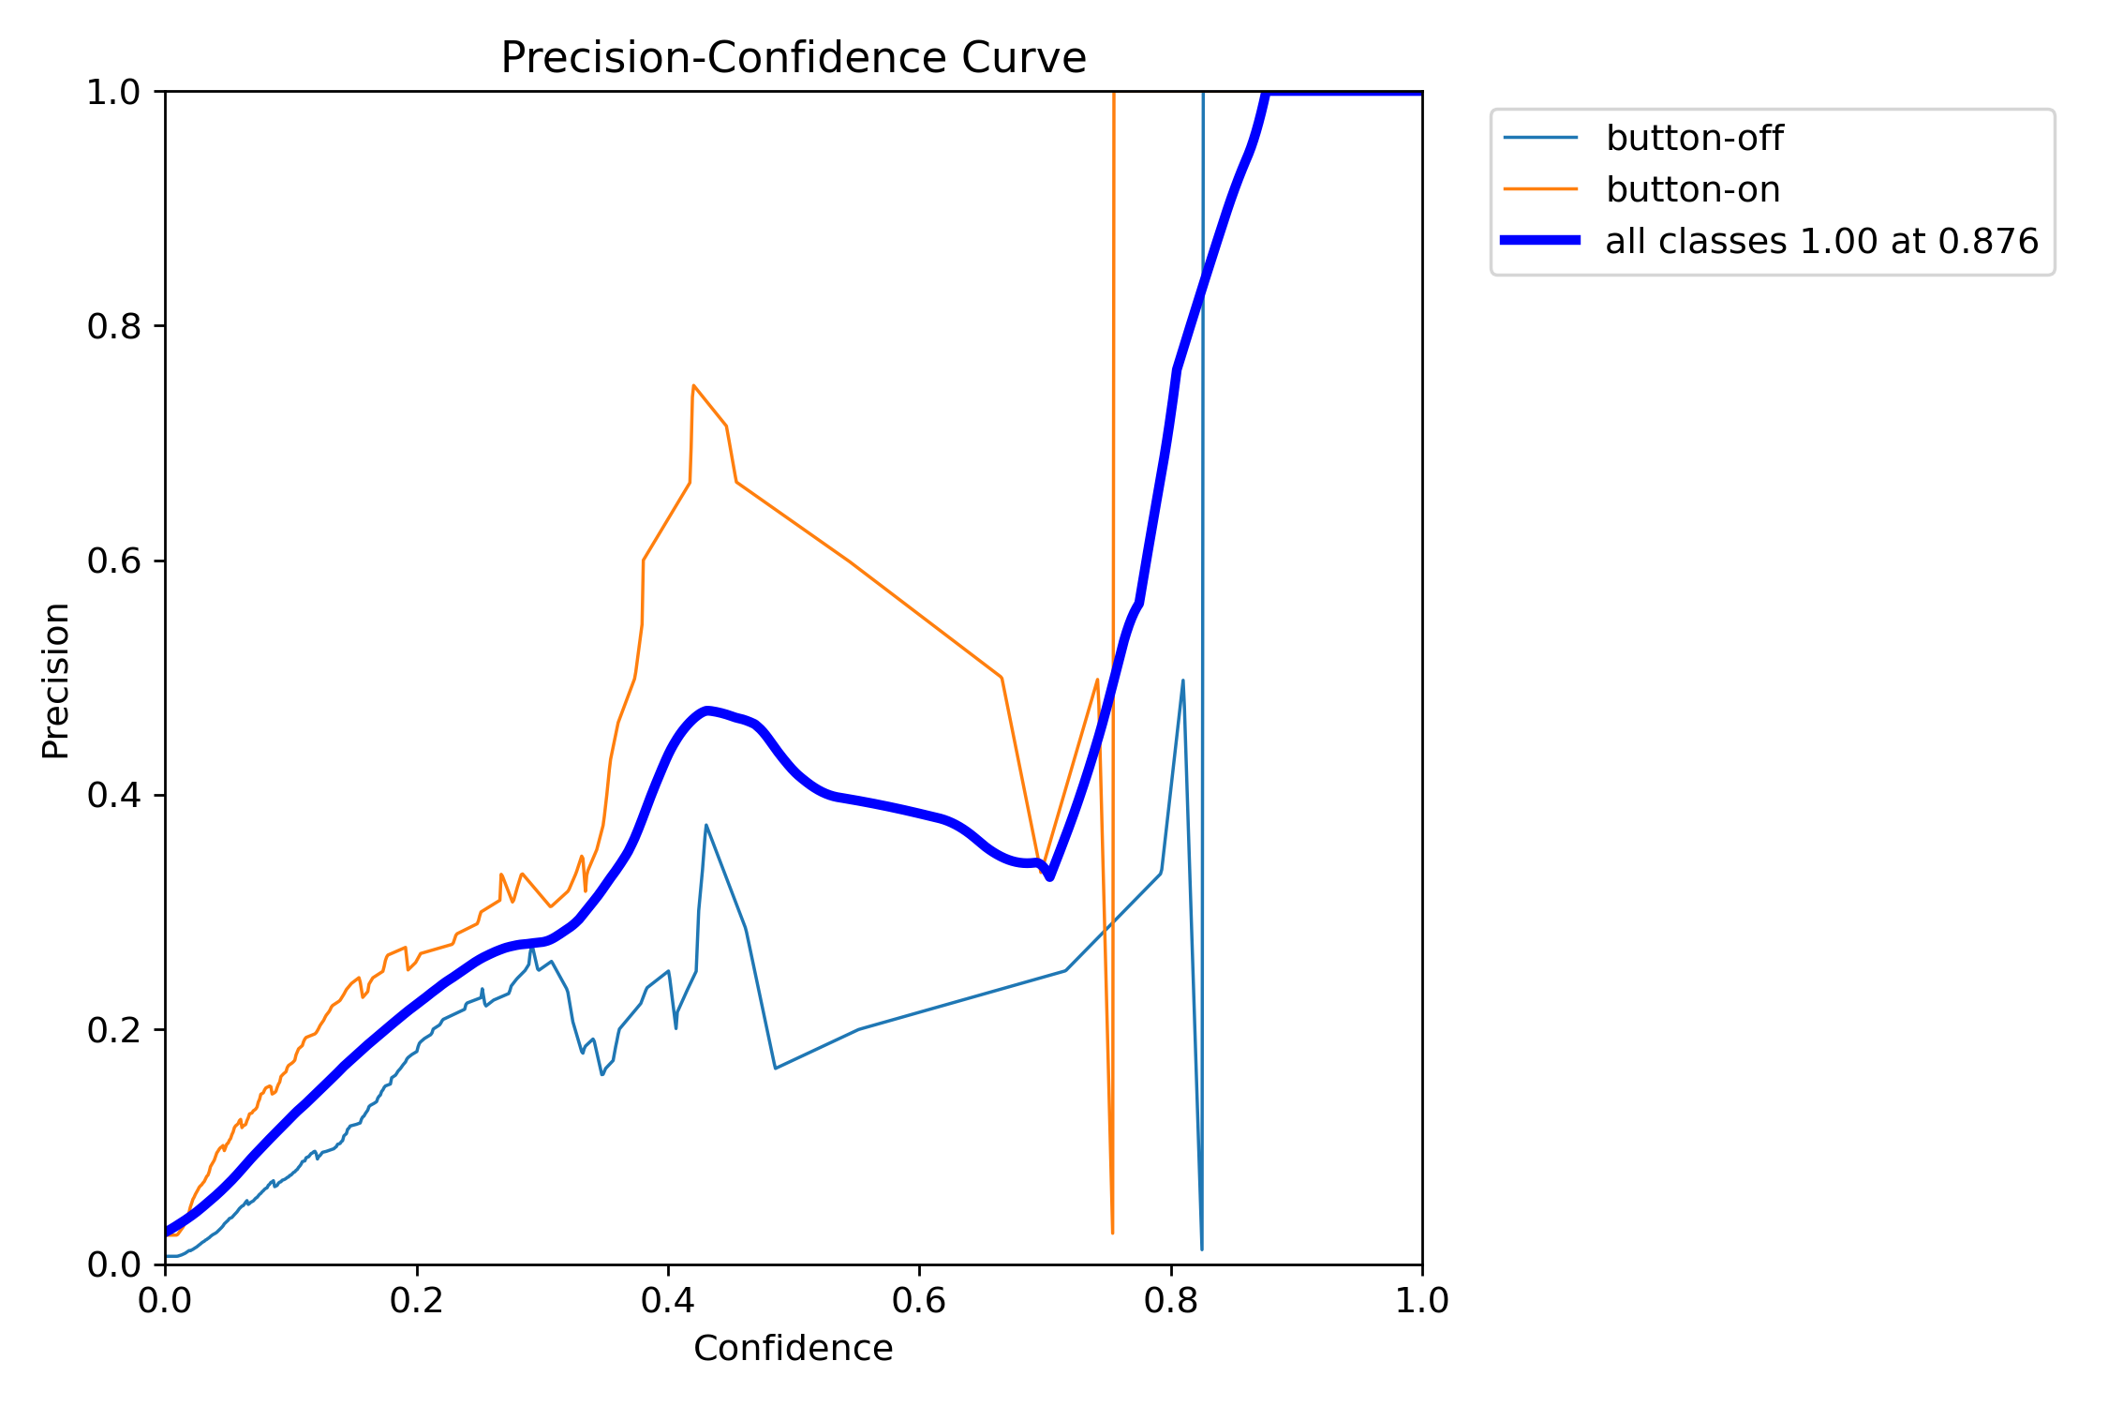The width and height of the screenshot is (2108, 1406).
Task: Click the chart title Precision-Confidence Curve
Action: (793, 58)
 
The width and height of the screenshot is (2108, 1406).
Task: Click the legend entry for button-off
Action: (1694, 139)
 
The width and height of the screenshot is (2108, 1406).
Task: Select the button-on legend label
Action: (1692, 190)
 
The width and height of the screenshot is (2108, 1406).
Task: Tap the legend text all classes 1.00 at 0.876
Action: (1821, 242)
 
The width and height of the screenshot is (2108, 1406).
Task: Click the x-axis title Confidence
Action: (793, 1348)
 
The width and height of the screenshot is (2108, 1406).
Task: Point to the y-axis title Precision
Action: (56, 680)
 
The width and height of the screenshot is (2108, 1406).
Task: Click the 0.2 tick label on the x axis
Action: (416, 1301)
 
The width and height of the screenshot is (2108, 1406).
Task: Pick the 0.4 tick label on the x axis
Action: (668, 1301)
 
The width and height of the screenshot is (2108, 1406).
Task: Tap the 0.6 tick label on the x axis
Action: (919, 1301)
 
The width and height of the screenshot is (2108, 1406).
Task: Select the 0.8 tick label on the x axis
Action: (1170, 1301)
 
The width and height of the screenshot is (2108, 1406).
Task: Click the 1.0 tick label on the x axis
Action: (1421, 1301)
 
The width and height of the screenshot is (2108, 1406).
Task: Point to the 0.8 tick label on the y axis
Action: (113, 326)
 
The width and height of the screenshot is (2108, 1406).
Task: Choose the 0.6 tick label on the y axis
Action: (113, 561)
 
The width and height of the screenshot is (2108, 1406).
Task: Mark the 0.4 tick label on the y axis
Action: (113, 795)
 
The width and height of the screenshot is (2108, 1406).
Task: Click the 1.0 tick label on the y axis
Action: (113, 92)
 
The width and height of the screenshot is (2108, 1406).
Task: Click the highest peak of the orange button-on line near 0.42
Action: (693, 385)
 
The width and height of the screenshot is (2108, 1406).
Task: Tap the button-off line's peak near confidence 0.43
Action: (706, 825)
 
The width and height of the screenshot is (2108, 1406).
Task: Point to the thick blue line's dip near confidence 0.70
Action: (1049, 876)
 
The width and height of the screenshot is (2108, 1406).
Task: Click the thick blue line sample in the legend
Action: (1540, 241)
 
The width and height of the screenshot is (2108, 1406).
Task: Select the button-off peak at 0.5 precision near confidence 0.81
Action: (1183, 681)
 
